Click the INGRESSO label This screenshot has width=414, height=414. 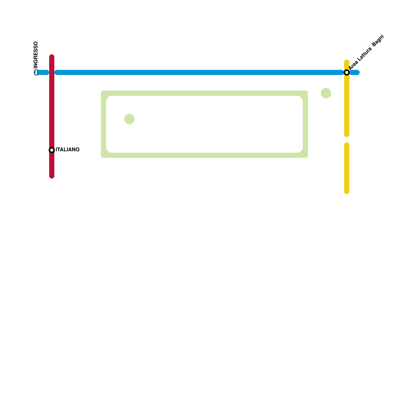pyautogui.click(x=36, y=55)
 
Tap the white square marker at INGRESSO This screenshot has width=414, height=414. pyautogui.click(x=36, y=72)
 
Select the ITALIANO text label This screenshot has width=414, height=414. pyautogui.click(x=68, y=150)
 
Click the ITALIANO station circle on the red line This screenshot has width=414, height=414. pyautogui.click(x=52, y=150)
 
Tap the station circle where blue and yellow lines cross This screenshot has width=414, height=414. pyautogui.click(x=347, y=72)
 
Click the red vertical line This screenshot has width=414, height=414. pyautogui.click(x=52, y=109)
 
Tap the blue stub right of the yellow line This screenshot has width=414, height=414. pyautogui.click(x=355, y=72)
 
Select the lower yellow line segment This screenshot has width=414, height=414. pyautogui.click(x=347, y=168)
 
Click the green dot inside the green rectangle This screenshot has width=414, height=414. pyautogui.click(x=129, y=119)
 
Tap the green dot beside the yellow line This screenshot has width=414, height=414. pyautogui.click(x=326, y=93)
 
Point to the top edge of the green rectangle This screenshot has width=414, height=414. pyautogui.click(x=204, y=93)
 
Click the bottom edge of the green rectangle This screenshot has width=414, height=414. pyautogui.click(x=204, y=155)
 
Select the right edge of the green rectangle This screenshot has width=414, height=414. pyautogui.click(x=305, y=124)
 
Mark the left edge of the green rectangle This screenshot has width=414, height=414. pyautogui.click(x=103, y=124)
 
